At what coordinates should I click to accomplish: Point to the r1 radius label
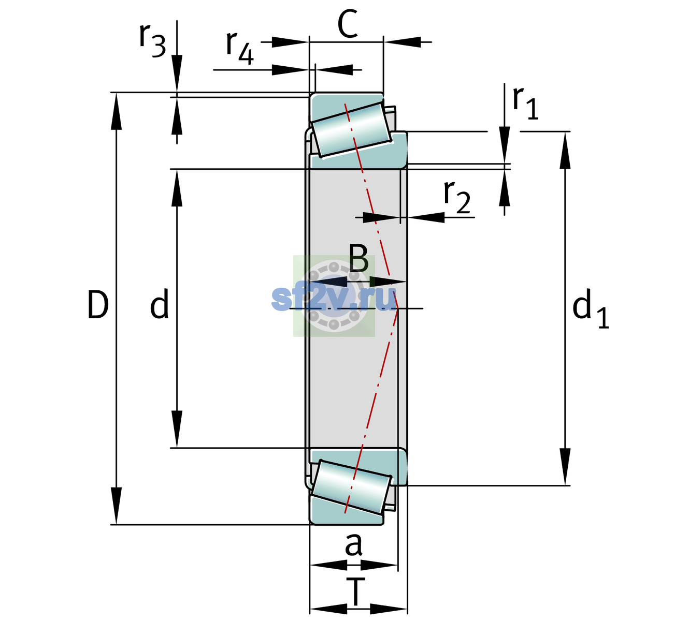[525, 102]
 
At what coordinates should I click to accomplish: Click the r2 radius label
[457, 197]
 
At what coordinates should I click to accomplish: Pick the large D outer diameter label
[98, 305]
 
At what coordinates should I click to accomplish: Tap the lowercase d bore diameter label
[160, 304]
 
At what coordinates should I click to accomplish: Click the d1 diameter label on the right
[591, 308]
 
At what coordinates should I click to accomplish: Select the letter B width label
[358, 258]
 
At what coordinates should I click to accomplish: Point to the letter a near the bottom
[353, 545]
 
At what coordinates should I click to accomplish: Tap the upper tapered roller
[351, 130]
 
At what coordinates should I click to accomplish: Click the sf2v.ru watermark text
[334, 299]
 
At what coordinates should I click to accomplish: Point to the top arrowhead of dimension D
[117, 111]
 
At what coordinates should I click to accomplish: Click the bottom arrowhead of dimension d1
[565, 467]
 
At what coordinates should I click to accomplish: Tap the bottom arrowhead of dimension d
[177, 429]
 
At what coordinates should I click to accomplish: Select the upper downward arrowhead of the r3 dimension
[177, 73]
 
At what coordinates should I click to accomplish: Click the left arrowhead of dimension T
[328, 609]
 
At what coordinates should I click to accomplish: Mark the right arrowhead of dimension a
[379, 565]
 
